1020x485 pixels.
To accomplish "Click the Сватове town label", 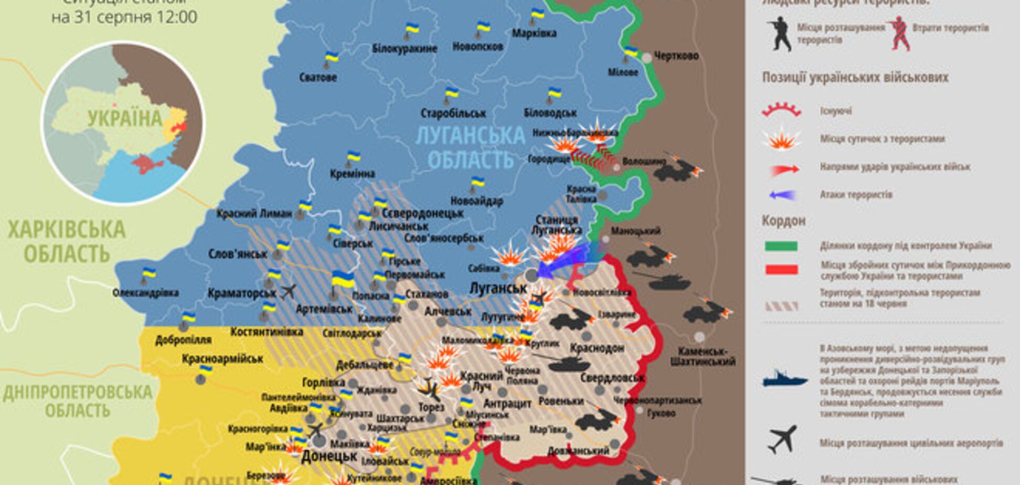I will (x=318, y=78).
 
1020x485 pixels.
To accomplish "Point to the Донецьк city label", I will (x=329, y=456).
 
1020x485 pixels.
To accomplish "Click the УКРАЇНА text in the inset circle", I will (x=125, y=119).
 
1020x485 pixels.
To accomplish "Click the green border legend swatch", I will (x=781, y=246).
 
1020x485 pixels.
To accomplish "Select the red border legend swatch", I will (x=781, y=270).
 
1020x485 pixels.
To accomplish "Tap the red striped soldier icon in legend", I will (x=899, y=33).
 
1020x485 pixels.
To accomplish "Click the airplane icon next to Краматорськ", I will (x=289, y=291).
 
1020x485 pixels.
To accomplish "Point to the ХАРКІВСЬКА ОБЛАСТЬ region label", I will (x=67, y=241).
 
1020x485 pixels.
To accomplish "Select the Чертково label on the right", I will (x=676, y=56).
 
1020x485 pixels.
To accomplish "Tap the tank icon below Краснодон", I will (x=569, y=363).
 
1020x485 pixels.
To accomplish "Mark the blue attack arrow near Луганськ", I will (x=564, y=260).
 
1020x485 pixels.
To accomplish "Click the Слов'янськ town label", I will (x=238, y=254).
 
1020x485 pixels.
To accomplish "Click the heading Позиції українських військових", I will (x=855, y=78).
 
